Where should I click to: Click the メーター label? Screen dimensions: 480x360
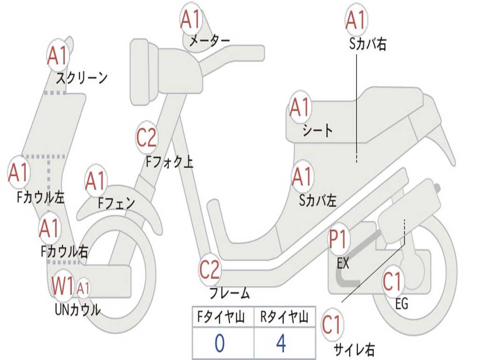[209, 41]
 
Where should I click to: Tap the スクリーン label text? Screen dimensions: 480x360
[82, 78]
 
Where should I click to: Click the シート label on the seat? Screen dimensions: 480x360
[317, 131]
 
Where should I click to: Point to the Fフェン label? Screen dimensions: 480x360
[116, 203]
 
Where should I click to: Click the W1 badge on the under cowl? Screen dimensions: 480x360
[63, 286]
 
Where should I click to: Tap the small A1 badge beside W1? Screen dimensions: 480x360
[83, 288]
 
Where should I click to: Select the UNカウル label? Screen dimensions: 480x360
[78, 310]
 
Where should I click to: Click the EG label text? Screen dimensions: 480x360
[402, 304]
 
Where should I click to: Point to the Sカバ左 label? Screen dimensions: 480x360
[318, 201]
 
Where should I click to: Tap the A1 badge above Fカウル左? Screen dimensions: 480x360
[19, 173]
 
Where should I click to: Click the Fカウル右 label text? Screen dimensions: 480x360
[64, 252]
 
